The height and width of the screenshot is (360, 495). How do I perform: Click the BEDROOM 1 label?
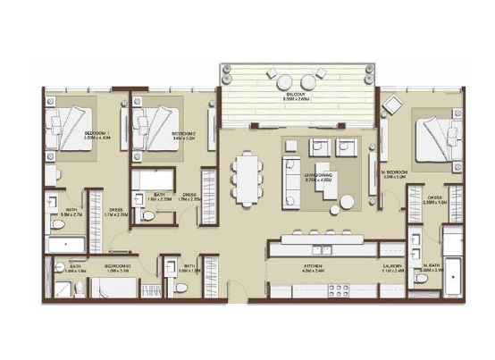click(x=71, y=135)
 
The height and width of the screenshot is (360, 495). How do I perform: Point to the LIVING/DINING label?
click(x=319, y=178)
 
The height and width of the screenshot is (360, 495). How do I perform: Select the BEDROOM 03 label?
click(x=118, y=266)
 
